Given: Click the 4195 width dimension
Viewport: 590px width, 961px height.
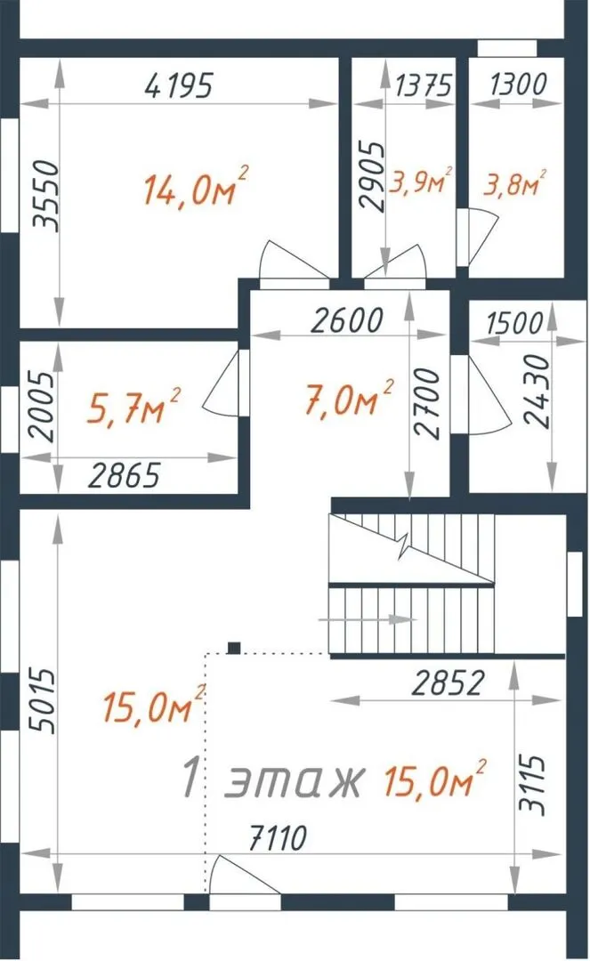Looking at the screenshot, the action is click(x=179, y=85).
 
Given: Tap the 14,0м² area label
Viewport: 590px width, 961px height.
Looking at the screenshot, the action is click(x=196, y=186).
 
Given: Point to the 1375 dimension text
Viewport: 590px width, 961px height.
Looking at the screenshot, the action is click(x=424, y=85).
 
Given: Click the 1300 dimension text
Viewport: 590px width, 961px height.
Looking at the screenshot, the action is click(x=518, y=84).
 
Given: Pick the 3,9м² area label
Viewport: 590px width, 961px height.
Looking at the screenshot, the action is click(x=420, y=181).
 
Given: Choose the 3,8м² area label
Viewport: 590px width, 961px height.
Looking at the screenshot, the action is click(x=514, y=182).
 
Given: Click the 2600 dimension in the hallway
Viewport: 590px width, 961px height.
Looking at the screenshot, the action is click(x=347, y=320).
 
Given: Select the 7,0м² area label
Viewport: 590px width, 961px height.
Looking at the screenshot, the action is click(x=349, y=400).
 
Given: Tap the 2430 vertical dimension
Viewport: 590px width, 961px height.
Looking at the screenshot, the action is click(x=537, y=390).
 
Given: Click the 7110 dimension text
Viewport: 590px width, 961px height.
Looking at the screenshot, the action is click(x=278, y=838).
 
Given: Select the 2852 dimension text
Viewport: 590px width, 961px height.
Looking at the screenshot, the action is click(x=448, y=682).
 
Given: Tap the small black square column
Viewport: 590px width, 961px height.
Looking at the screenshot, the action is click(x=234, y=648).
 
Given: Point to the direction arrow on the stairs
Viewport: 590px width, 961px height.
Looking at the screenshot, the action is click(x=367, y=619).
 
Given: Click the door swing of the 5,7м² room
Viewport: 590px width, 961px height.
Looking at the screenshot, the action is click(x=221, y=383).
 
